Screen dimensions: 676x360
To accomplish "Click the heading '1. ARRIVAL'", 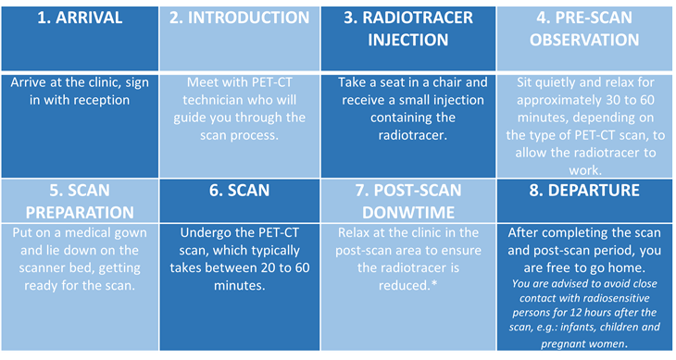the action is (x=80, y=18).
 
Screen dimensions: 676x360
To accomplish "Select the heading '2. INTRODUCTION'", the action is (x=239, y=18).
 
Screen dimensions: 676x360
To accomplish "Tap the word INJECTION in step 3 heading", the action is (x=407, y=40).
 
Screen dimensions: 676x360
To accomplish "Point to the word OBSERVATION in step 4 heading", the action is (x=584, y=40).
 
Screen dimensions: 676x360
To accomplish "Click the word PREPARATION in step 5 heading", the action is (x=80, y=212).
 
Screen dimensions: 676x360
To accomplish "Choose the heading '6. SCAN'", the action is (x=239, y=191).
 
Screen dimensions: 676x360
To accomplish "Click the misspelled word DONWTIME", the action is (x=407, y=212).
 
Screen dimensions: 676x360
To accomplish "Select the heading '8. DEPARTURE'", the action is (x=584, y=191).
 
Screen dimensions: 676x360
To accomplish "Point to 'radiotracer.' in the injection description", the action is (x=413, y=135).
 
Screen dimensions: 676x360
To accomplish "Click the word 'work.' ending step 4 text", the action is (x=584, y=170).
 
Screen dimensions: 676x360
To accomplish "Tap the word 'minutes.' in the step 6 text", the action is (x=239, y=286).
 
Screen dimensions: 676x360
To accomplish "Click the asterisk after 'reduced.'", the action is (x=434, y=284).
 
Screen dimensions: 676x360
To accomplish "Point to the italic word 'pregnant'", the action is (x=560, y=344).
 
